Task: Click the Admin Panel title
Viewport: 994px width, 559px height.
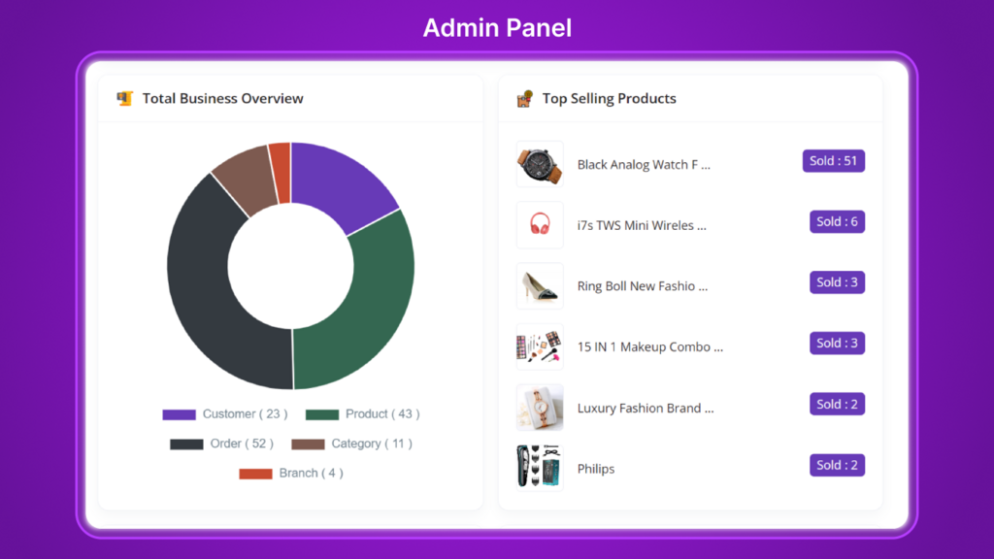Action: (x=497, y=28)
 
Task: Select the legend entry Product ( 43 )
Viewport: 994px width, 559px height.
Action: (x=363, y=414)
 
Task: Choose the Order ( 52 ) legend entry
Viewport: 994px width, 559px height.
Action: (x=222, y=444)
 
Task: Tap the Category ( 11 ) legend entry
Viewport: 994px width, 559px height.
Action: (x=352, y=444)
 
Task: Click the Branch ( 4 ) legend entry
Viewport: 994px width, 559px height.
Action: (x=291, y=474)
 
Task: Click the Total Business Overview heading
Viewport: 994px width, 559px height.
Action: (x=222, y=98)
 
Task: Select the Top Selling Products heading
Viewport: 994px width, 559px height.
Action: (x=609, y=98)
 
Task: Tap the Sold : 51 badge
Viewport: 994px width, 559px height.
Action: (x=833, y=161)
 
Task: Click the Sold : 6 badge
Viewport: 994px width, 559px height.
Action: (x=837, y=222)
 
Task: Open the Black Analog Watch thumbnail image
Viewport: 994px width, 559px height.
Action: (x=540, y=164)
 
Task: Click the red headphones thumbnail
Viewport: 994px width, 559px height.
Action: (x=540, y=225)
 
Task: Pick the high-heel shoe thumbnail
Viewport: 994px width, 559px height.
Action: (x=540, y=286)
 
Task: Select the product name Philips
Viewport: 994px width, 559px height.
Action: (x=596, y=469)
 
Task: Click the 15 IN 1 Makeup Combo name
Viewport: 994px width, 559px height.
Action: (x=650, y=347)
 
